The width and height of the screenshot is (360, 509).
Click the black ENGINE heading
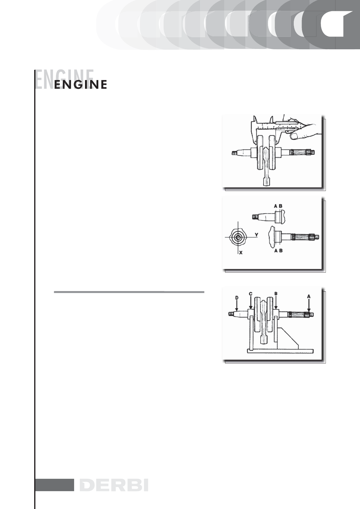[x=80, y=85]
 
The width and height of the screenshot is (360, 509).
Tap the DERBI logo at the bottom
[x=114, y=485]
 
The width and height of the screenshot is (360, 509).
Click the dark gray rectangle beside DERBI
[x=55, y=485]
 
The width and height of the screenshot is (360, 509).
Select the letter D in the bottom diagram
[x=237, y=297]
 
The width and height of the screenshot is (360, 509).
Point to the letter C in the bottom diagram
[x=250, y=293]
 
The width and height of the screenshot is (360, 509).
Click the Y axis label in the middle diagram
[x=256, y=235]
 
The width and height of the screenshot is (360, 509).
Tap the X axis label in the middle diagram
[x=241, y=252]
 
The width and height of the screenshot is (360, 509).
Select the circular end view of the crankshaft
[x=238, y=238]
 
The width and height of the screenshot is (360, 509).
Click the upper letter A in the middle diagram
[x=276, y=206]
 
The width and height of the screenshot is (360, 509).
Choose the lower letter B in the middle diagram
[x=281, y=251]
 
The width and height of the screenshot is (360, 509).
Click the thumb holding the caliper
[x=294, y=136]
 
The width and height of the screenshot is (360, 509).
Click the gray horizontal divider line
[x=129, y=292]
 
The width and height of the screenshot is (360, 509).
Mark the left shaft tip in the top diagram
[x=234, y=153]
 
